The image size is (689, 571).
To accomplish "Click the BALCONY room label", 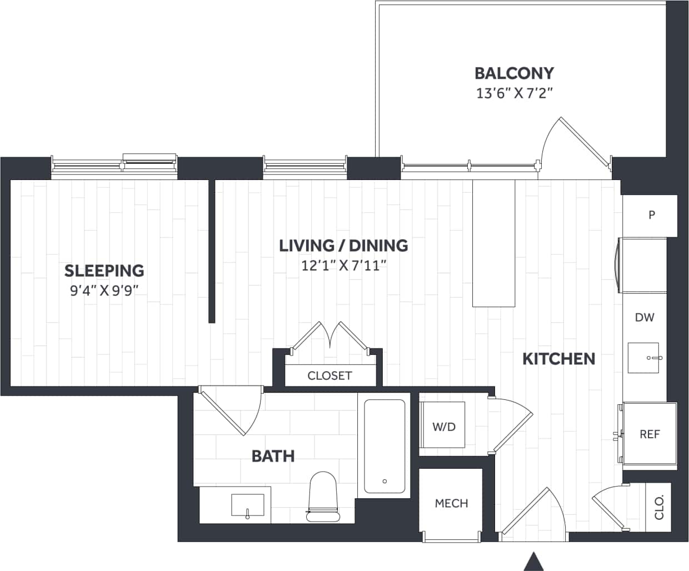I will pos(514,73).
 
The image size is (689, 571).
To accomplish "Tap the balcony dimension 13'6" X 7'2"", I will pos(514,93).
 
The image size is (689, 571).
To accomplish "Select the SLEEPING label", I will pos(104,271).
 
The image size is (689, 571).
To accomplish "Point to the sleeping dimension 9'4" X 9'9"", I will pos(104,290).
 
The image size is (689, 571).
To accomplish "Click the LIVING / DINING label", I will pos(343,246).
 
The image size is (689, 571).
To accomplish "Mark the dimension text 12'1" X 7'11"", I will pos(343,266).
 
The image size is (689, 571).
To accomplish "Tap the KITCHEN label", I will pos(558,359).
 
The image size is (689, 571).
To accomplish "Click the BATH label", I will pos(273,456).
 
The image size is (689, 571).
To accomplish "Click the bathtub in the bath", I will pos(385,445).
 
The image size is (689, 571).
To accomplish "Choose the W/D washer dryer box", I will pos(443,426).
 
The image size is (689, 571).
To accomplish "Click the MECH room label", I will pos(451,503).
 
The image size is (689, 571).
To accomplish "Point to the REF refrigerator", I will pos(650,434).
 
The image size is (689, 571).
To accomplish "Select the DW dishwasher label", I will pos(645,318).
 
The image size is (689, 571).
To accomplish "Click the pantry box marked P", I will pos(651,215).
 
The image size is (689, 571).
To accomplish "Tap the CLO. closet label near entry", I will pos(660,507).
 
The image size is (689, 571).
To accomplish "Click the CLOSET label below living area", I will pos(329,375).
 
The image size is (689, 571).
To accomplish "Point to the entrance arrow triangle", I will pos(533,561).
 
